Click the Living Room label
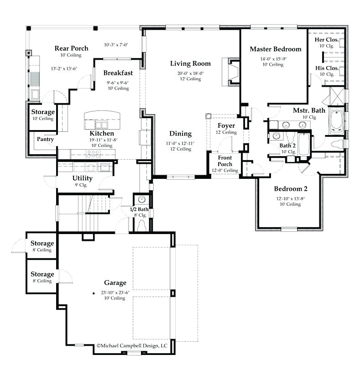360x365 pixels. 190,63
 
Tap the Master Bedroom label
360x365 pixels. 276,49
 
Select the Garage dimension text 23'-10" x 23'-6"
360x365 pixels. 115,292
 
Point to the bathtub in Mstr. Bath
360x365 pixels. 336,120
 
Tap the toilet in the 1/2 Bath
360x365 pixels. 141,225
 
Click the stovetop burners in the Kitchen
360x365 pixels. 93,154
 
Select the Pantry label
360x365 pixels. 45,139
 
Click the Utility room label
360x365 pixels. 83,178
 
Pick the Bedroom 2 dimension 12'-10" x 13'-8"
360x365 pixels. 291,198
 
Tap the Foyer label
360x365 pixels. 226,126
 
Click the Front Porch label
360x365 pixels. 225,161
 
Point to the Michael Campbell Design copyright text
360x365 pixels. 132,346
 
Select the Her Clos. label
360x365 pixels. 327,40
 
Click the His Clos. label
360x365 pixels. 327,68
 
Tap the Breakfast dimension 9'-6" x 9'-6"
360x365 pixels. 118,83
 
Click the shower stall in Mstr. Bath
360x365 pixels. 337,96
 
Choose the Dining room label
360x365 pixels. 181,134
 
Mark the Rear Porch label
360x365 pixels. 72,48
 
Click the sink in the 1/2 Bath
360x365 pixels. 141,199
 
